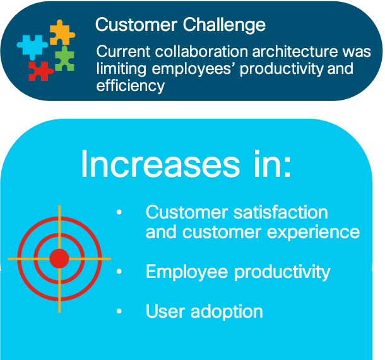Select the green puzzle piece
point(64,59)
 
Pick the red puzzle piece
point(40,71)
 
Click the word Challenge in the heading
point(224,25)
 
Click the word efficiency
point(131,86)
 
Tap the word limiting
point(122,69)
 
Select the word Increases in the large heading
point(160,164)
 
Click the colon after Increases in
point(287,167)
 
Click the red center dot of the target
point(59,258)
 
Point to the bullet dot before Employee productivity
point(119,272)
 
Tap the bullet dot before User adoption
point(119,311)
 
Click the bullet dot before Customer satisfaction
point(119,212)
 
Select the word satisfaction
point(281,212)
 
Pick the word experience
point(313,232)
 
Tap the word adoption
point(227,312)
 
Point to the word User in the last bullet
point(165,311)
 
